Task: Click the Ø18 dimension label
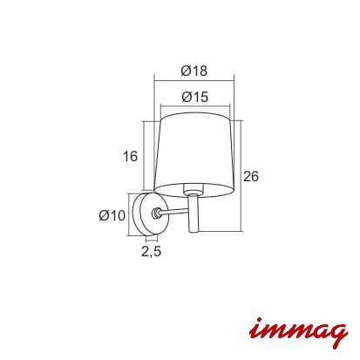point(194,71)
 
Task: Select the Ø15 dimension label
point(195,97)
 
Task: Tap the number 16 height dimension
point(130,156)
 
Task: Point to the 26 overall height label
point(251,176)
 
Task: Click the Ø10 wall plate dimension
point(112,215)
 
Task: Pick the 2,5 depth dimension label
point(151,251)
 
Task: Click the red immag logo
point(298,332)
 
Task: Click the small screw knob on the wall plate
point(156,214)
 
